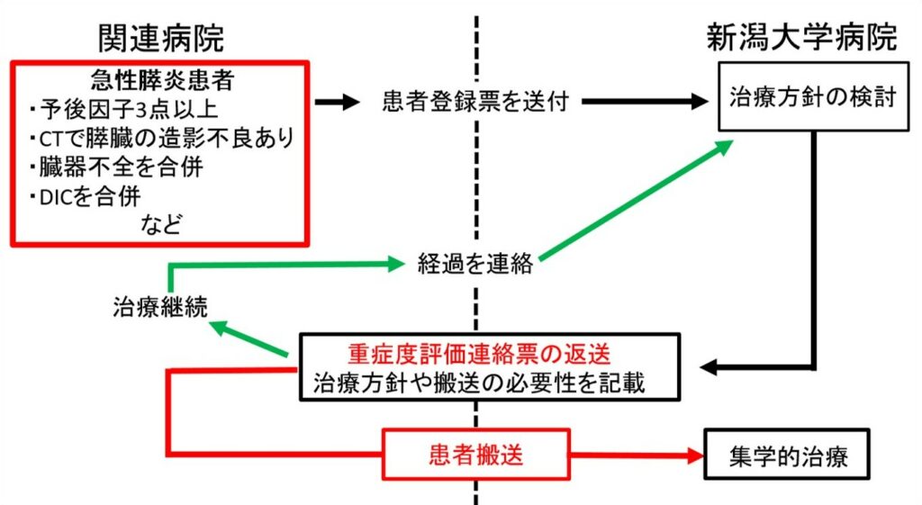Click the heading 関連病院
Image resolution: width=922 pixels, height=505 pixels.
161,39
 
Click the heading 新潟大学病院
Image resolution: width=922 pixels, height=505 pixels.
801,38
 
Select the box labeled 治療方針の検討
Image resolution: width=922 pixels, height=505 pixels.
813,96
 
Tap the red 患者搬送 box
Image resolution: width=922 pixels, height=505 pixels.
476,455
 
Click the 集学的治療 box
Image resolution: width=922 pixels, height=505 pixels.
787,455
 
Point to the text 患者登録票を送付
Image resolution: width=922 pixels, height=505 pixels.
475,101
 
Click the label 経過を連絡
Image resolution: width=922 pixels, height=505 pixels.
475,264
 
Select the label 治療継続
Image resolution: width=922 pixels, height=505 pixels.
160,307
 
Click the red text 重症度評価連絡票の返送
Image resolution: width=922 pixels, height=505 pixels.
479,354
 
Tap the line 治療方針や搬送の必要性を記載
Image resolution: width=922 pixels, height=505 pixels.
479,383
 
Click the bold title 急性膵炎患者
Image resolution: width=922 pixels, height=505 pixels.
162,80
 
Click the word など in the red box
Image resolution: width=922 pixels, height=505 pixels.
162,224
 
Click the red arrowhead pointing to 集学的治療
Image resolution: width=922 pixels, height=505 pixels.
696,455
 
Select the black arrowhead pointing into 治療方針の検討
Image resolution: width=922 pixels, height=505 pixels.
700,101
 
